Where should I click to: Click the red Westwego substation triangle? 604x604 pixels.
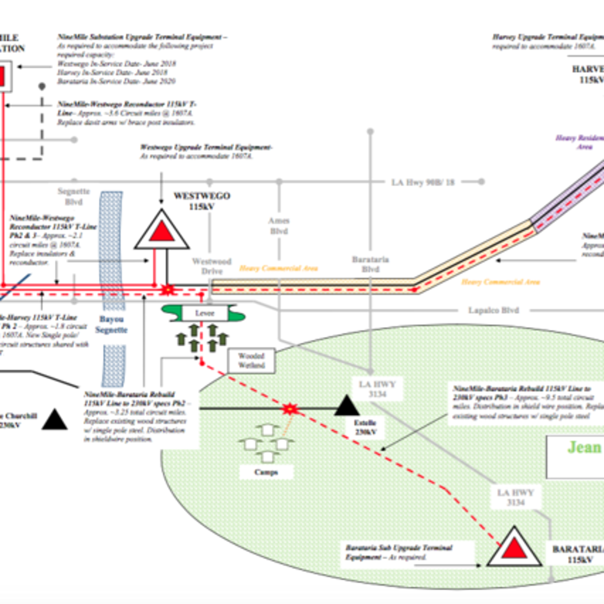coord(162,232)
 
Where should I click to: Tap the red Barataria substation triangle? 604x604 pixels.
coord(514,548)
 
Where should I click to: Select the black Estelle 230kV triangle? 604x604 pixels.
coord(347,406)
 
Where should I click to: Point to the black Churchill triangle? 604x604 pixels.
coord(54,420)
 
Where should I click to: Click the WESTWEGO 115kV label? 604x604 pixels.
coord(201,201)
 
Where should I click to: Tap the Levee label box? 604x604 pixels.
coord(204,313)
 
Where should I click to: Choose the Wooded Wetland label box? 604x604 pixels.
coord(251,361)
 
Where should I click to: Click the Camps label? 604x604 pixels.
coord(266,472)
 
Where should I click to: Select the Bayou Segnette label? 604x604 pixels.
coord(111,325)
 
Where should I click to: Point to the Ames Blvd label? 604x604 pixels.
coord(279,225)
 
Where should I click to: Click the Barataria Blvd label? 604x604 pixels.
coord(370,264)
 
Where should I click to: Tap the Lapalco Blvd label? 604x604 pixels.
coord(493,310)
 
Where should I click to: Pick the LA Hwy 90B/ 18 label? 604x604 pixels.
coord(423,182)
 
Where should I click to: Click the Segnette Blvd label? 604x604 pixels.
coord(73,196)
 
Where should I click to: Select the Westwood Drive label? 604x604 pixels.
coord(212,266)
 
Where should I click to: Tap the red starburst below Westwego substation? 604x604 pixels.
coord(167,289)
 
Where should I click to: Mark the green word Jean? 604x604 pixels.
coord(584,447)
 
